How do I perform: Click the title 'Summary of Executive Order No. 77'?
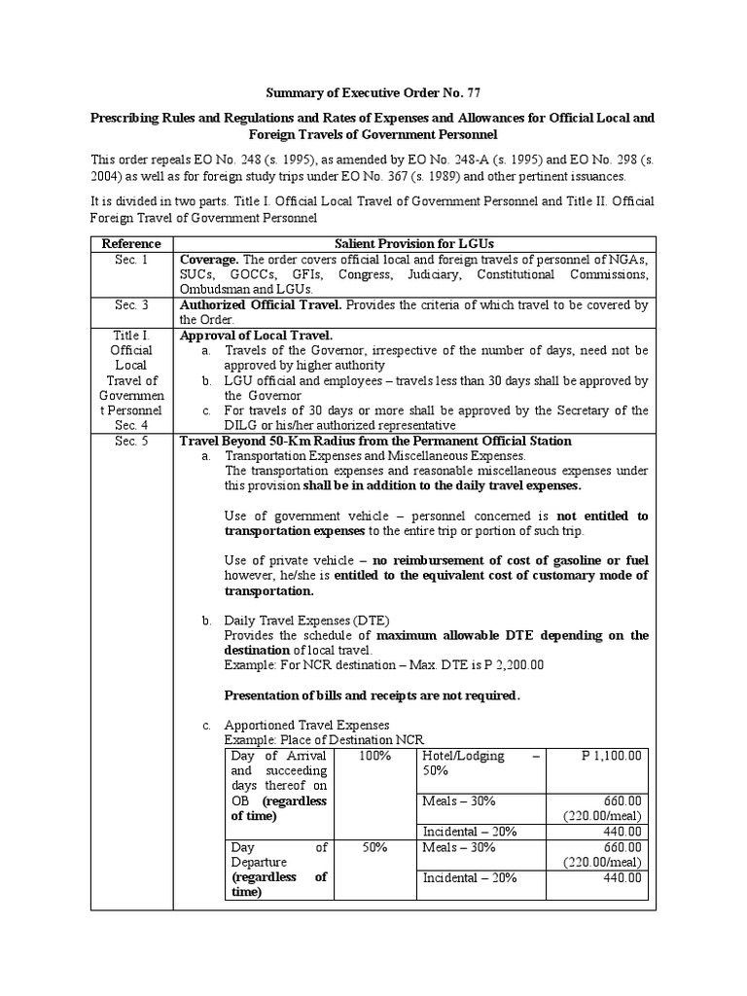[x=373, y=92]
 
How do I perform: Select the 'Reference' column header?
[x=131, y=243]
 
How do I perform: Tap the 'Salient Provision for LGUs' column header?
[x=414, y=243]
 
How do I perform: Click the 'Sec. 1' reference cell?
[x=131, y=260]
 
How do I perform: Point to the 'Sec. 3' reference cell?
[x=131, y=305]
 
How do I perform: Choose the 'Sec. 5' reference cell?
[x=131, y=441]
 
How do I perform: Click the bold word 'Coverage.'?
[x=209, y=260]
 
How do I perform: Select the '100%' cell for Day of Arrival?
[x=374, y=756]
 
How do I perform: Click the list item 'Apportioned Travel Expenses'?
[x=306, y=725]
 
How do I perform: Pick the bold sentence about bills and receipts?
[x=373, y=694]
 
